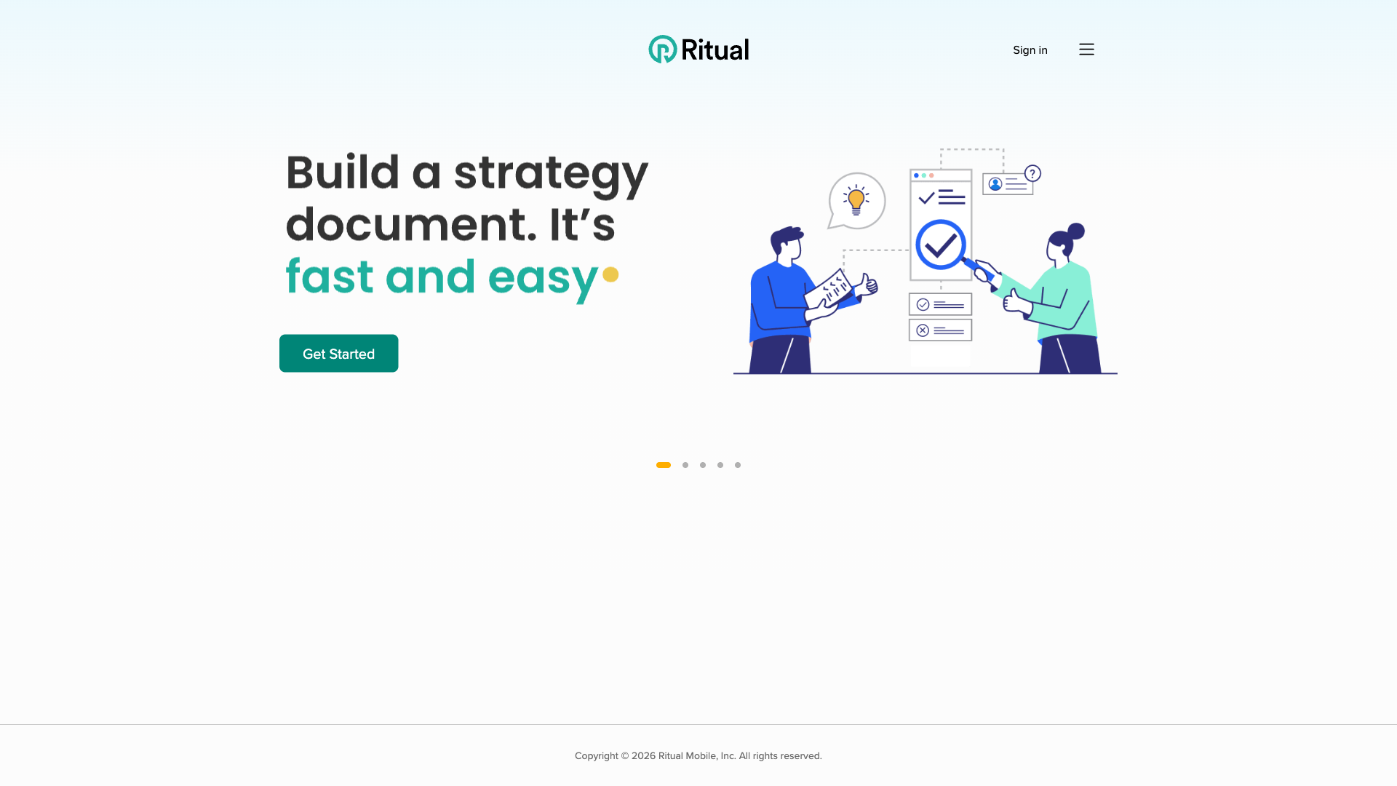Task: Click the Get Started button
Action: [x=338, y=354]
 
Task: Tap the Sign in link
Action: [x=1030, y=50]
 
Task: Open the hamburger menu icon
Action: [x=1086, y=49]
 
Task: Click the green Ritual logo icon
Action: [x=663, y=49]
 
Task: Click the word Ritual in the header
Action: [x=715, y=50]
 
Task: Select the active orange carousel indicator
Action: [x=664, y=465]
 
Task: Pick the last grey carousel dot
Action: [x=738, y=465]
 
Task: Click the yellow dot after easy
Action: [x=610, y=274]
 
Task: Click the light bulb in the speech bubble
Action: [x=856, y=199]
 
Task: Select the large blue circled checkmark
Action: [x=941, y=245]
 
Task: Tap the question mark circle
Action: [x=1032, y=173]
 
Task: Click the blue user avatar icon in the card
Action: [x=995, y=184]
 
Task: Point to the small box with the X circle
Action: [x=940, y=330]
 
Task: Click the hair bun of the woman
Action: [x=1076, y=231]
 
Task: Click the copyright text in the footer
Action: [x=698, y=756]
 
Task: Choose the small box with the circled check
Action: [x=940, y=304]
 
